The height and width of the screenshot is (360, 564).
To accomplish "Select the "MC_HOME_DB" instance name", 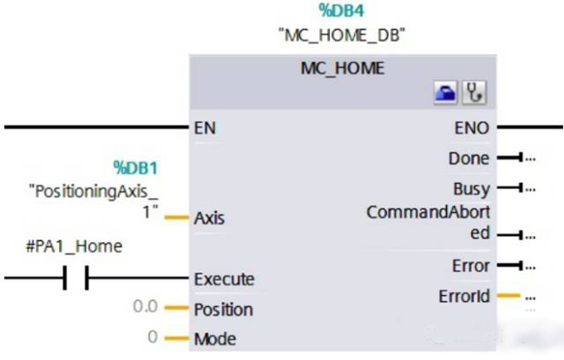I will tap(341, 36).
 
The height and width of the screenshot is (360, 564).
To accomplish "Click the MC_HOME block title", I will tap(342, 66).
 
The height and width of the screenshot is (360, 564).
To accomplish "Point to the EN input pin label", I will tap(206, 128).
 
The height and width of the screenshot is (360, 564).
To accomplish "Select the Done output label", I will tap(469, 159).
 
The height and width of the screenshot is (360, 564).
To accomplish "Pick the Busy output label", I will tap(471, 188).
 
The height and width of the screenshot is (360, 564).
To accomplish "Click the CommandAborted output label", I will tap(428, 222).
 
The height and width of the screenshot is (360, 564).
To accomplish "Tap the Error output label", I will tap(471, 265).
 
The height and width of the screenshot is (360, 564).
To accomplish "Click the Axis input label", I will tap(210, 217).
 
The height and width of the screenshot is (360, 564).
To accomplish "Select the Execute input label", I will tap(225, 279).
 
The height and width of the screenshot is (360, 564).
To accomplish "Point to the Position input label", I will tap(224, 310).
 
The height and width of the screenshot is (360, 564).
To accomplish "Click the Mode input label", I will tap(214, 338).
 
